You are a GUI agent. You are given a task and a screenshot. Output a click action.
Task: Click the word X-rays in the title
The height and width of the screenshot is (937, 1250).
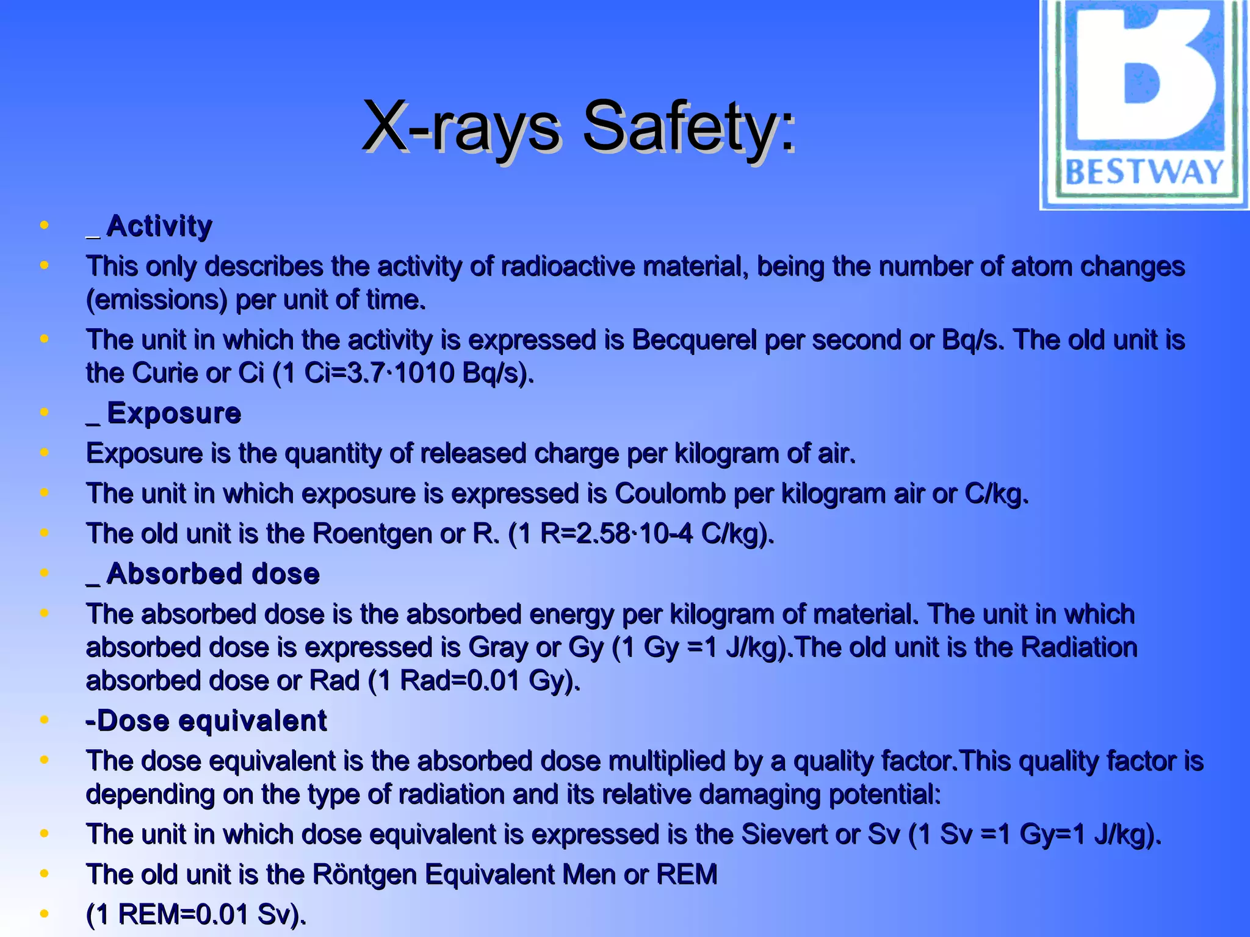(461, 127)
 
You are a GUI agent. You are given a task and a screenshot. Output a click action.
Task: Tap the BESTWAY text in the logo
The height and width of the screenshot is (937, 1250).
(1144, 173)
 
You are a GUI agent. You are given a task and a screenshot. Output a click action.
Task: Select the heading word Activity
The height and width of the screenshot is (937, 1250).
(159, 226)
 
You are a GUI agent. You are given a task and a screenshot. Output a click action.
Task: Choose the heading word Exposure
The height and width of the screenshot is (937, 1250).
(174, 414)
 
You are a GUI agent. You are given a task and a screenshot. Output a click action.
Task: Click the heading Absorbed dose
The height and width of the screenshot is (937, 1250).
(212, 574)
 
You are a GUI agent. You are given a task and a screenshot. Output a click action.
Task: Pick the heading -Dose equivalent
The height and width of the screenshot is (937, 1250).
(206, 721)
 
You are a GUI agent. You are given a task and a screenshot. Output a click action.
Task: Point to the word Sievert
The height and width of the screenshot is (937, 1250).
(784, 835)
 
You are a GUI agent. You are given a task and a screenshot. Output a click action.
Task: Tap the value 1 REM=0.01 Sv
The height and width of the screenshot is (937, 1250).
(195, 914)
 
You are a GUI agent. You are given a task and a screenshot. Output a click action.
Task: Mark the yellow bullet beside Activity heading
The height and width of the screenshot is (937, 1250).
(44, 226)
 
